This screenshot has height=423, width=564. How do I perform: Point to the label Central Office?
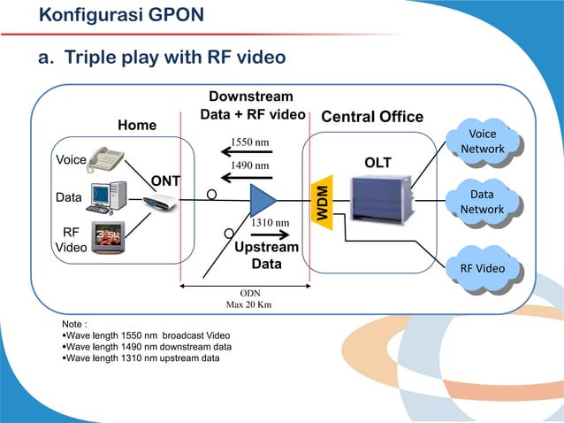(372, 118)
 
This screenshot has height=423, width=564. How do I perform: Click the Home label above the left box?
(137, 126)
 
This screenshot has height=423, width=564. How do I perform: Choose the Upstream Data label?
(266, 256)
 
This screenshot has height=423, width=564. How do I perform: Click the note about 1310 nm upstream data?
(145, 358)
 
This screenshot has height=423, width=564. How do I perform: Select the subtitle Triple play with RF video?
(161, 58)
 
